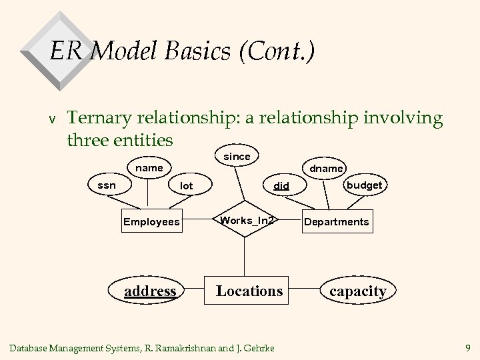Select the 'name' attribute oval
pyautogui.click(x=149, y=168)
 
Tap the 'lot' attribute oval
pyautogui.click(x=186, y=186)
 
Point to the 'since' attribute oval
pyautogui.click(x=237, y=157)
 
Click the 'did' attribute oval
pyautogui.click(x=282, y=186)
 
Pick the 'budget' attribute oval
pyautogui.click(x=363, y=185)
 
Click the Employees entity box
pyautogui.click(x=151, y=221)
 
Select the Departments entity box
pyautogui.click(x=336, y=221)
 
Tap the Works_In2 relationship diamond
pyautogui.click(x=247, y=221)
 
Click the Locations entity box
pyautogui.click(x=249, y=291)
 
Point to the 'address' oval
pyautogui.click(x=151, y=291)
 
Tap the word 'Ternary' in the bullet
pyautogui.click(x=100, y=118)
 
